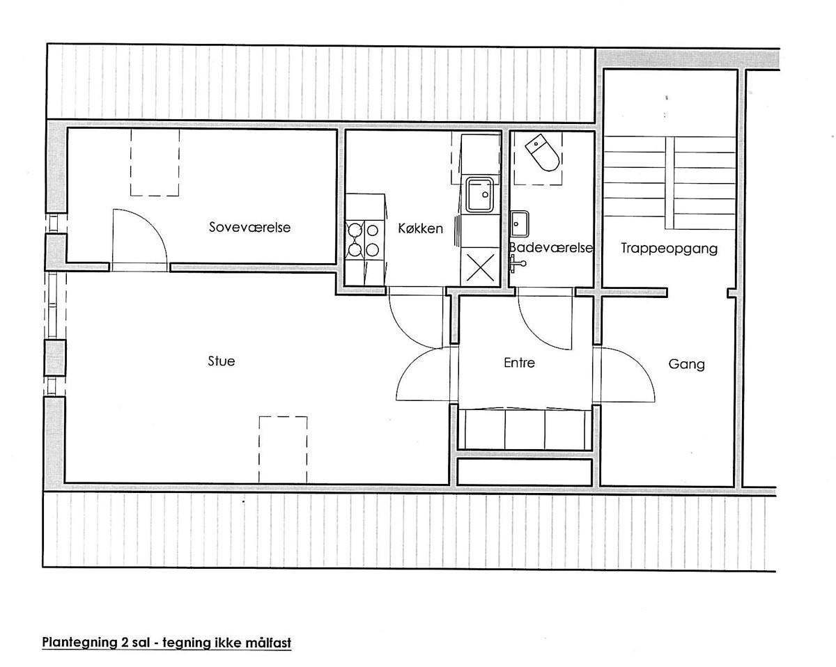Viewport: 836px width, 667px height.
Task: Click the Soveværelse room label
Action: click(x=249, y=227)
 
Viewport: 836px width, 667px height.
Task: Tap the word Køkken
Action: click(x=420, y=228)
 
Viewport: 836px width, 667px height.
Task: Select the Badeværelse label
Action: click(x=551, y=248)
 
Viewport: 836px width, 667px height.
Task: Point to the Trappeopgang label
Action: click(x=669, y=249)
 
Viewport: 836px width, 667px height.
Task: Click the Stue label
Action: click(x=222, y=361)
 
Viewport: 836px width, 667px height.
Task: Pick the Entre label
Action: click(x=520, y=363)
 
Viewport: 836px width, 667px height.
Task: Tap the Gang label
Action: click(x=686, y=364)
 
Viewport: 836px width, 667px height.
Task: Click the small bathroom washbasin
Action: click(x=520, y=223)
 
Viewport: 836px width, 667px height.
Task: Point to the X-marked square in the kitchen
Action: click(x=480, y=267)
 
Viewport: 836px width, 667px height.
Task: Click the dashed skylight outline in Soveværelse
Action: click(x=155, y=162)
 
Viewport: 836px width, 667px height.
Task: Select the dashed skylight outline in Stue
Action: click(x=284, y=450)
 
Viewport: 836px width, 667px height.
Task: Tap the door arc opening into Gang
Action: click(x=637, y=365)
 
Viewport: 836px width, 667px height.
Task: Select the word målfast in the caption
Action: click(x=268, y=642)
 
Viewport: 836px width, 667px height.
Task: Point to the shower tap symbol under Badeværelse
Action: click(x=517, y=264)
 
